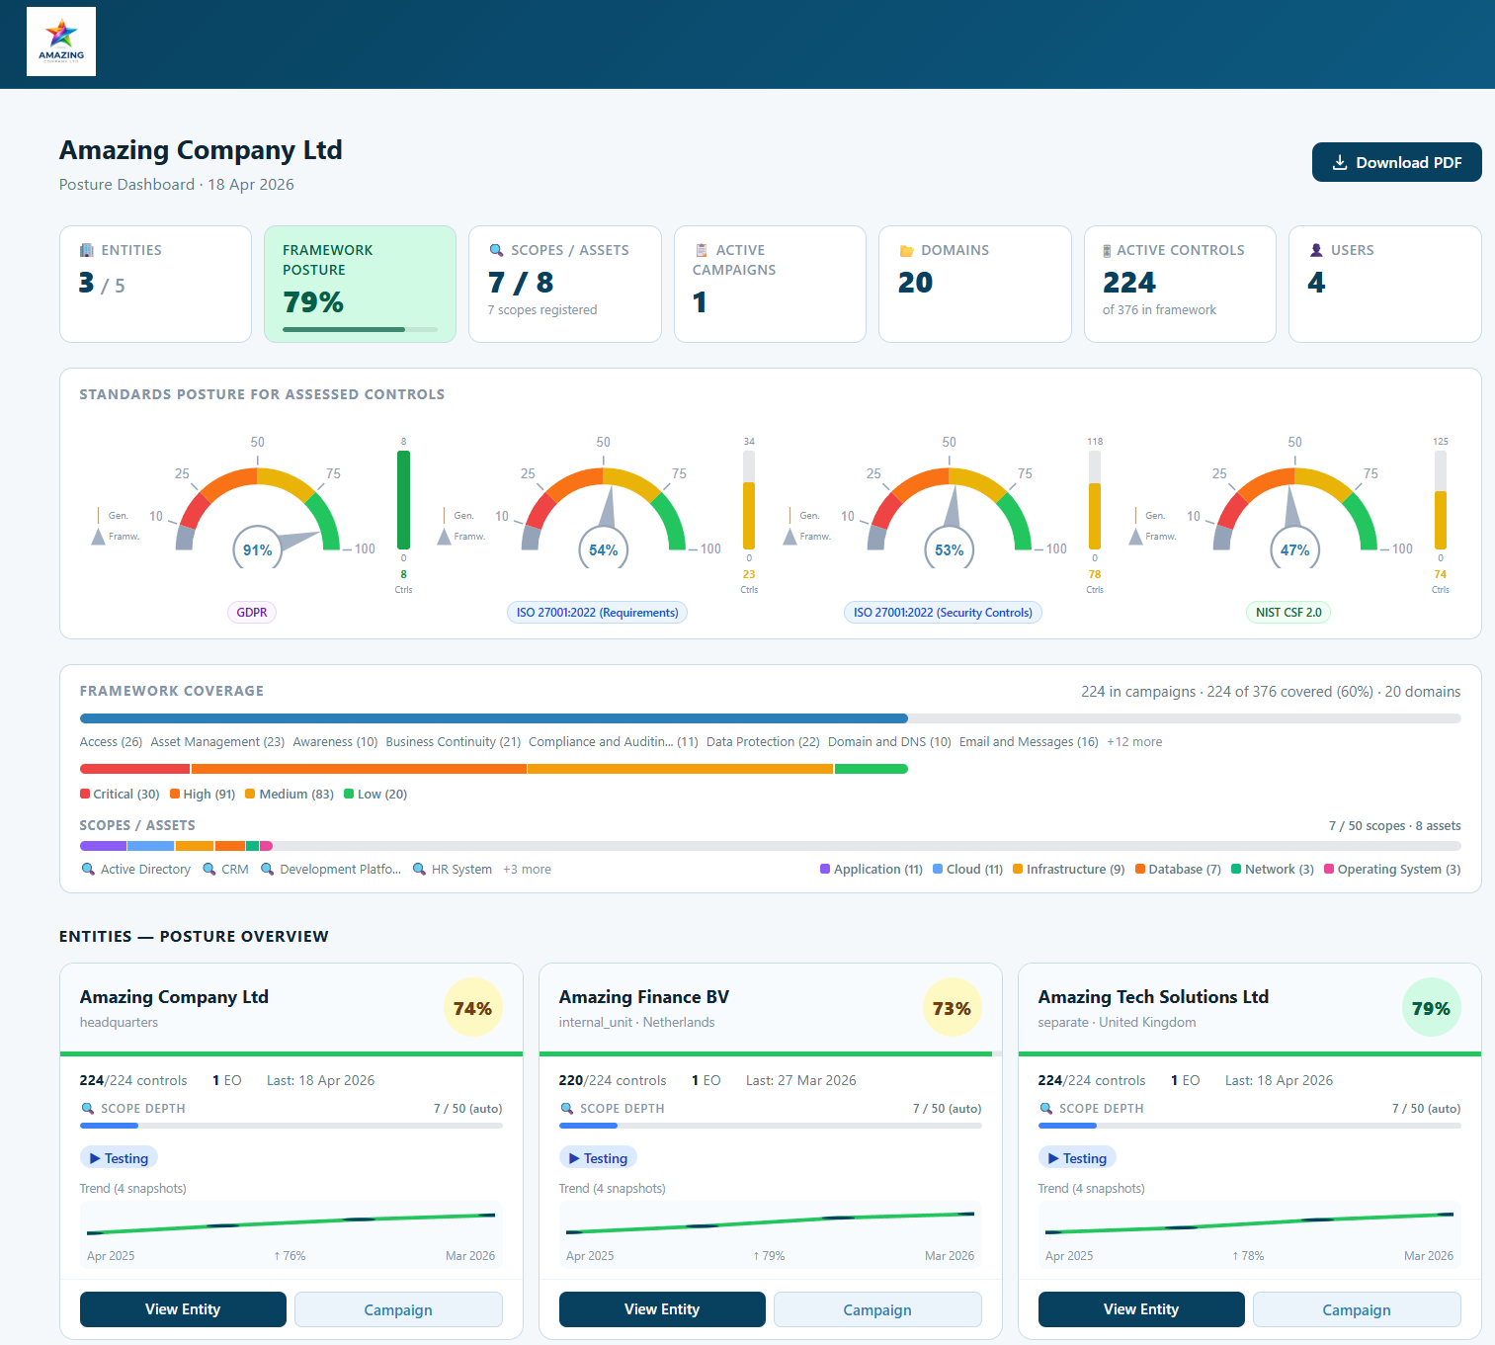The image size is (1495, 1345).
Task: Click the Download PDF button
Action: tap(1396, 162)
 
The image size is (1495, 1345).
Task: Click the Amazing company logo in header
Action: tap(61, 42)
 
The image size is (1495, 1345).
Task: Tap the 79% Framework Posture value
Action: tap(313, 301)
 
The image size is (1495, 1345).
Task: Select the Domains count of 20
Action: tap(915, 283)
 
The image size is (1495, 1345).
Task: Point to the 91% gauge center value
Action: tap(258, 550)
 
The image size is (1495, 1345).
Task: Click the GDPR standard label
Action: tap(252, 612)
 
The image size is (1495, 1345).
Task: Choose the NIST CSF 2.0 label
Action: tap(1287, 612)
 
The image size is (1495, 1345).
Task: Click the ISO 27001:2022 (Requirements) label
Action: tap(597, 612)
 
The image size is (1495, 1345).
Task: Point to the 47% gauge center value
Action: tap(1294, 550)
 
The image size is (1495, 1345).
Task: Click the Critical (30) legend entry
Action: tap(120, 794)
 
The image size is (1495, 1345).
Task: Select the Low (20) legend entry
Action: tap(375, 794)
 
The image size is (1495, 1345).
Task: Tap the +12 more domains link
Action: tap(1133, 741)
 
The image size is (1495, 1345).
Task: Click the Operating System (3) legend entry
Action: tap(1392, 869)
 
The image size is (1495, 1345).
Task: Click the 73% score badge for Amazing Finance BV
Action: tap(952, 1008)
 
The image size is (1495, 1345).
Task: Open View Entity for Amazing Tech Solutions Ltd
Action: tap(1140, 1308)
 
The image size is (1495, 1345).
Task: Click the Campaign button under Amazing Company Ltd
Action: tap(398, 1309)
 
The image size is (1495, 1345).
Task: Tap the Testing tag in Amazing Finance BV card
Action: tap(599, 1157)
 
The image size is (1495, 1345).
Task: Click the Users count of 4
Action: tap(1316, 283)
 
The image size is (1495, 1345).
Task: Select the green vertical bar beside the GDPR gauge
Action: tap(403, 499)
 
